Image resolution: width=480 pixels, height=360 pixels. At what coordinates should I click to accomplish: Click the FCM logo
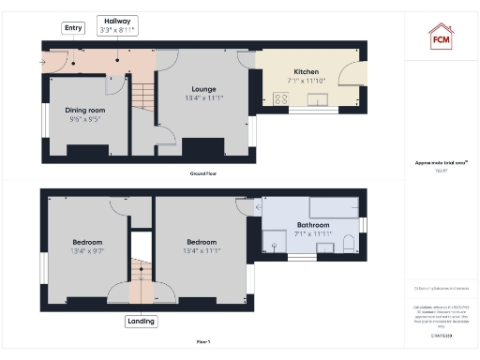(x=441, y=37)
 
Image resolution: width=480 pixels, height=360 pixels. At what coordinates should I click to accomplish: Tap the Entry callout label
(x=73, y=28)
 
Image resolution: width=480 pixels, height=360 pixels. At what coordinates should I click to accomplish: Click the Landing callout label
(x=140, y=322)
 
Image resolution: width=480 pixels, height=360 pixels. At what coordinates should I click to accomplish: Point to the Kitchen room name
(x=307, y=71)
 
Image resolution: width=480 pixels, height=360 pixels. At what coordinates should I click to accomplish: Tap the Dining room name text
(x=85, y=109)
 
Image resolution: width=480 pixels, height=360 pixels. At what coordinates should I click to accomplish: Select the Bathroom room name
(x=312, y=225)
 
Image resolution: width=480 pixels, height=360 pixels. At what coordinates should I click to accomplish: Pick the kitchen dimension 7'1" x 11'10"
(x=307, y=82)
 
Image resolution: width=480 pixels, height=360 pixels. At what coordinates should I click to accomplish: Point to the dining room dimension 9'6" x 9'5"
(x=85, y=119)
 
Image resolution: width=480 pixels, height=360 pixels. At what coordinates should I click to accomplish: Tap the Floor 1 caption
(x=203, y=343)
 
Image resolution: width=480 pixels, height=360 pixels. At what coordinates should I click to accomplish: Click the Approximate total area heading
(x=441, y=162)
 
